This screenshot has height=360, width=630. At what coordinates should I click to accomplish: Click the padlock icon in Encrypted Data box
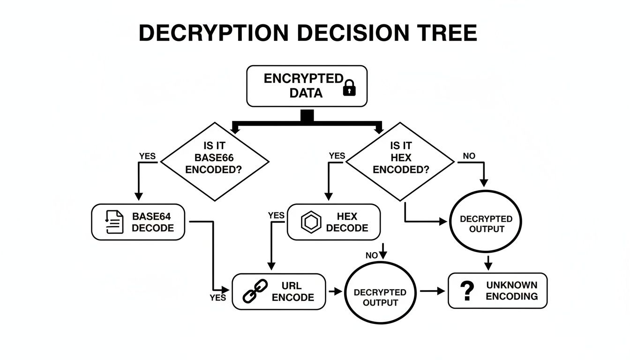(349, 88)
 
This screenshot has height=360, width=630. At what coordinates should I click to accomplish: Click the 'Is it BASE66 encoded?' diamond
(215, 162)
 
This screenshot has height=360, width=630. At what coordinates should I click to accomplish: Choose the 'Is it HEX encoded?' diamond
(400, 162)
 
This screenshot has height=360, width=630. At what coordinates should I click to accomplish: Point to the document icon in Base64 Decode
(114, 222)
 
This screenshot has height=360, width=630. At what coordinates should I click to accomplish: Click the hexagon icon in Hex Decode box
(310, 222)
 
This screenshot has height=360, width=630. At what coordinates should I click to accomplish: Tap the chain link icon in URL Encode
(255, 291)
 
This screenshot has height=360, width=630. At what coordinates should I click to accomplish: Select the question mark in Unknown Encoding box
(466, 291)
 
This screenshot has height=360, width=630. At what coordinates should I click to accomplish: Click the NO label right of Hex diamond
(469, 156)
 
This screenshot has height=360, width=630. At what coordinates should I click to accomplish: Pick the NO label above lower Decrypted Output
(371, 255)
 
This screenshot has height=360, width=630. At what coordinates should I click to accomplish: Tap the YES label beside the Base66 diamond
(147, 156)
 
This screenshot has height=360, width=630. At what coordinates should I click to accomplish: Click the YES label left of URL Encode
(218, 298)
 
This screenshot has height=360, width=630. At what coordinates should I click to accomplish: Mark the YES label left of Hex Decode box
(276, 215)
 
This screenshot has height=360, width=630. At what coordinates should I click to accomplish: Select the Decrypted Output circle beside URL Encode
(380, 292)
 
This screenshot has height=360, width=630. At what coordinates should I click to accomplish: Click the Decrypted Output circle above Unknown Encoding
(486, 224)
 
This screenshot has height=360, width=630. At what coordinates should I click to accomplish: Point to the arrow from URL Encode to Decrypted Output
(335, 292)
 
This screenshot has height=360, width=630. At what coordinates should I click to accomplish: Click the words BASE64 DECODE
(152, 222)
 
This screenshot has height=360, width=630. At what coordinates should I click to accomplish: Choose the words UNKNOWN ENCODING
(511, 291)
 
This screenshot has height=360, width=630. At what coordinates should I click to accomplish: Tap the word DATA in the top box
(306, 93)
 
